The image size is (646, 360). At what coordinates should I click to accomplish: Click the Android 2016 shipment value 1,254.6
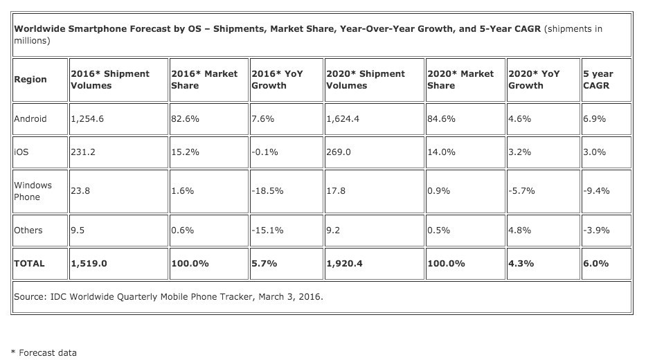coord(87,118)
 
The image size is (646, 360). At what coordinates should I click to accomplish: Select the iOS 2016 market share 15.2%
coord(185,152)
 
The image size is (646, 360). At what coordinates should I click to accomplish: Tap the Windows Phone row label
coord(33,191)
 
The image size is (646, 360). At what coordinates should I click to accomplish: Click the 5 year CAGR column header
coord(598,80)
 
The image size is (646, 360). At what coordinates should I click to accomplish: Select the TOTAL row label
coord(29,264)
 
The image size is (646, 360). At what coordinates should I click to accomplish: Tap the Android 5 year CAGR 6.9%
coord(595,118)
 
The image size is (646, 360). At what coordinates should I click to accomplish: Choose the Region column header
coord(30,80)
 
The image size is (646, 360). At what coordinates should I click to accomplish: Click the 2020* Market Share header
coord(461,80)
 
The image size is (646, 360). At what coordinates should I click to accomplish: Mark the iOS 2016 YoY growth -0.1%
coord(265,152)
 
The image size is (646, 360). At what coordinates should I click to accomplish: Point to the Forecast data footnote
coord(44,352)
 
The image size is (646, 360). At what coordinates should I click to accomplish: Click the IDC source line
coord(168,297)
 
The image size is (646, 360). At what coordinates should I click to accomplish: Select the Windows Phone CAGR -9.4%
coord(597,191)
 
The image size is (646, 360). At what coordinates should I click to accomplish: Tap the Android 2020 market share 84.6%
coord(442,118)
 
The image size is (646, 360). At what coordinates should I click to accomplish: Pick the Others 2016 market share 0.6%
coord(182,231)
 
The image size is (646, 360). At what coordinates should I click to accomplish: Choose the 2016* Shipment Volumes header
coord(109,80)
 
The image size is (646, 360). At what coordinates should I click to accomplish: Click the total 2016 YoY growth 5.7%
coord(264,264)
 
